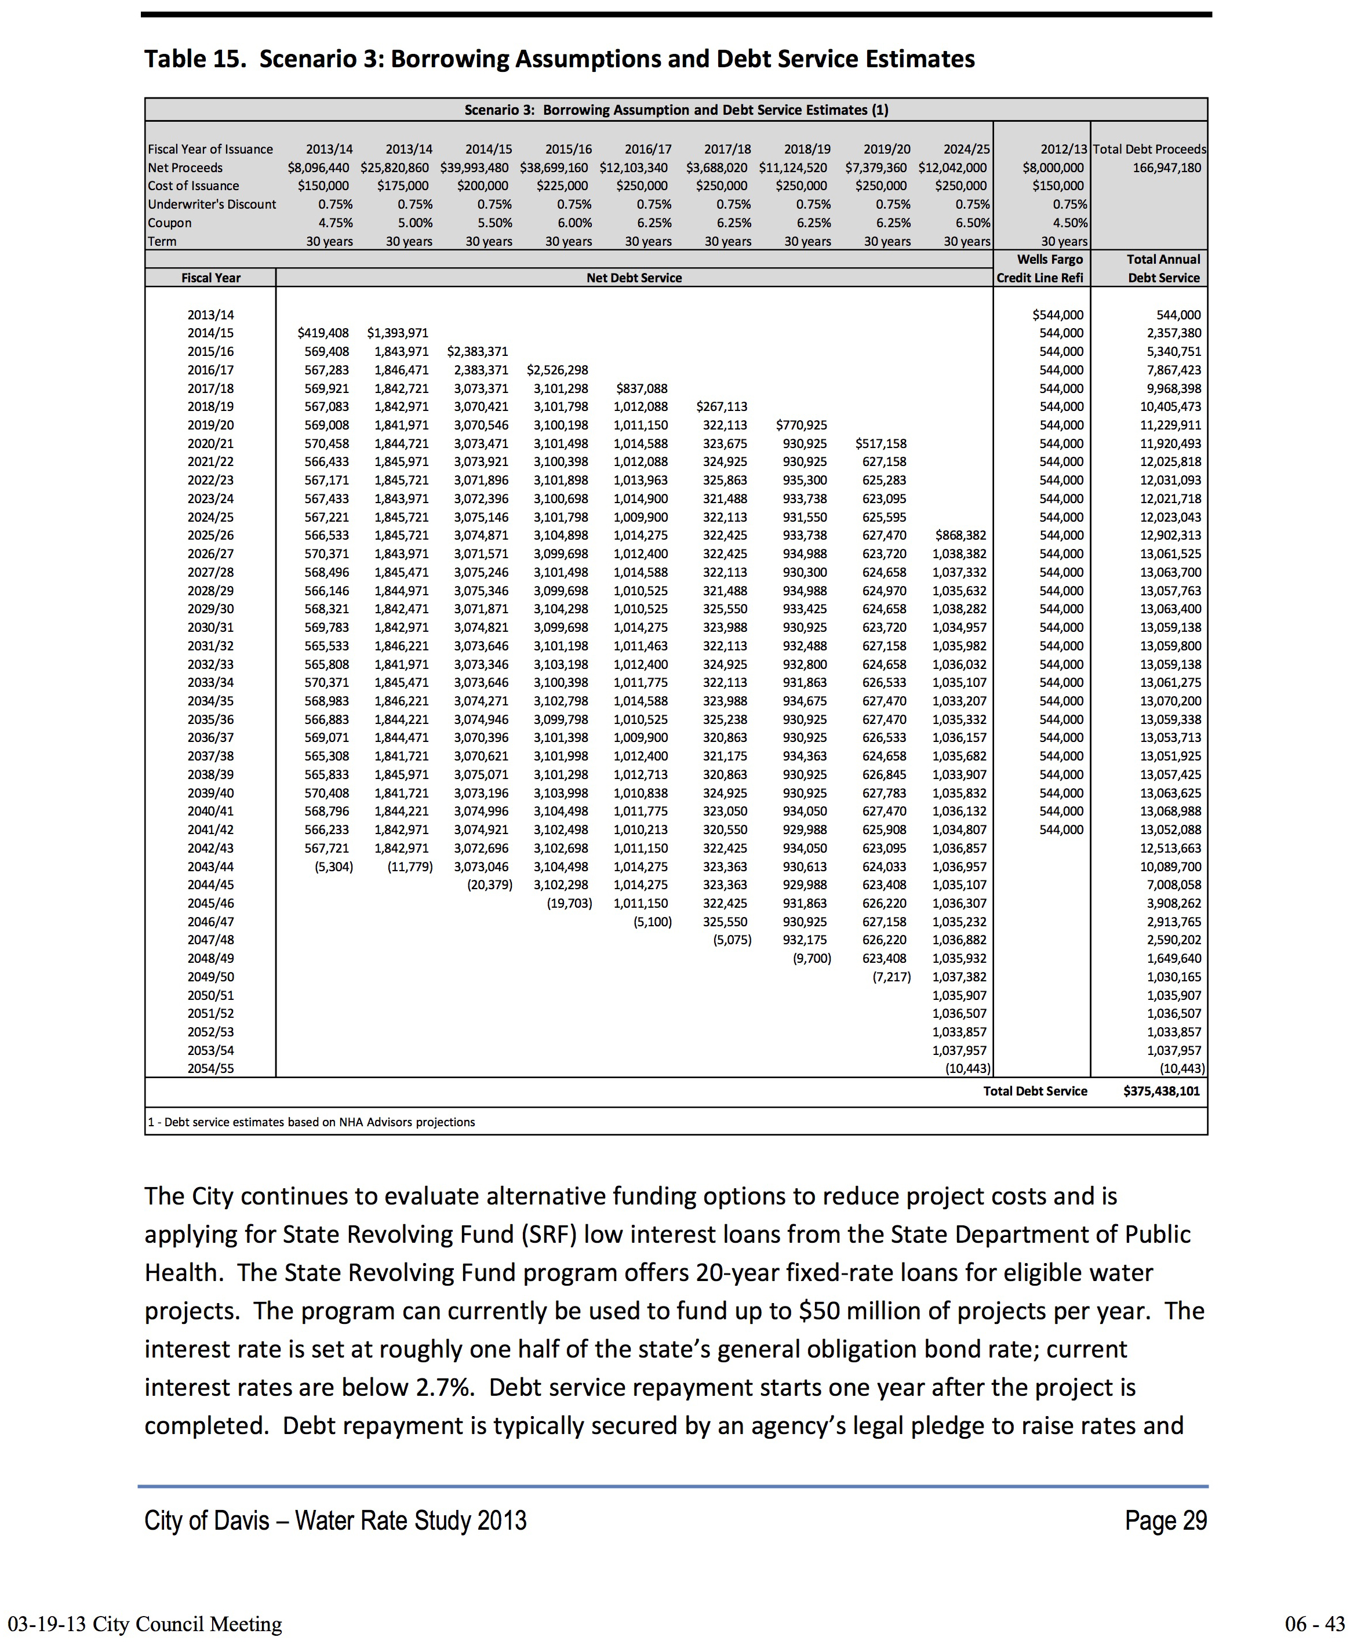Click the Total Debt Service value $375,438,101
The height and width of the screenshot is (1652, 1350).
(1161, 1091)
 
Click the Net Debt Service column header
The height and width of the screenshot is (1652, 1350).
(634, 278)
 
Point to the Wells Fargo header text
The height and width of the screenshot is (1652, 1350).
(1049, 259)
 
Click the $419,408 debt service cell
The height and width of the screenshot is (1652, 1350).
(323, 333)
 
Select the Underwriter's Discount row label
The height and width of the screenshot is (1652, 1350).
(212, 204)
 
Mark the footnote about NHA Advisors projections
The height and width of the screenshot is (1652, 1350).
(311, 1122)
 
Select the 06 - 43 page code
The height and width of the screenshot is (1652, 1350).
(1314, 1624)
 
